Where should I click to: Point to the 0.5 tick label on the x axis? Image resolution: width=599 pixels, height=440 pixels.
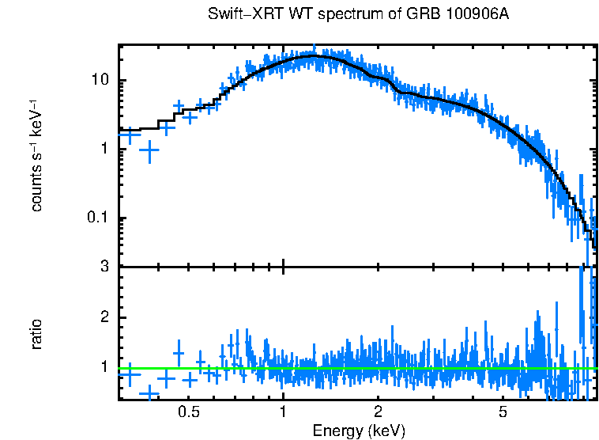(x=188, y=412)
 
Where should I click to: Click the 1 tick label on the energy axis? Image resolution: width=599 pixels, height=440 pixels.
(x=283, y=412)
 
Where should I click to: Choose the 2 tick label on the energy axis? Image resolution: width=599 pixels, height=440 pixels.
(x=379, y=412)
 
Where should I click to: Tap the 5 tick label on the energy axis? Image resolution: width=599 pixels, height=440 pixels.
(x=503, y=412)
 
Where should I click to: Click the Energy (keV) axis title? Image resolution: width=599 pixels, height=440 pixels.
(x=359, y=431)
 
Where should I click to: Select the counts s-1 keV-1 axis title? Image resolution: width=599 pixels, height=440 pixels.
(x=36, y=156)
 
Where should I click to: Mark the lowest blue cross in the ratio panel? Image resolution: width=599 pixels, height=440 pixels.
(x=149, y=393)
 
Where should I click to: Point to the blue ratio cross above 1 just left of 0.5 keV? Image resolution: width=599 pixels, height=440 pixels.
(x=179, y=353)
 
